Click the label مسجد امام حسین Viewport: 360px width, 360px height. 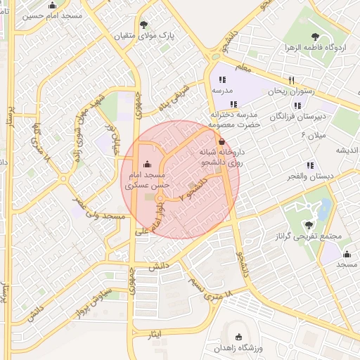click(x=53, y=15)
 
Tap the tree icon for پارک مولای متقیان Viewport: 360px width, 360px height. click(x=144, y=23)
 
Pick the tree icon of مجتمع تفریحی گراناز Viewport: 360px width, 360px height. click(x=310, y=224)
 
